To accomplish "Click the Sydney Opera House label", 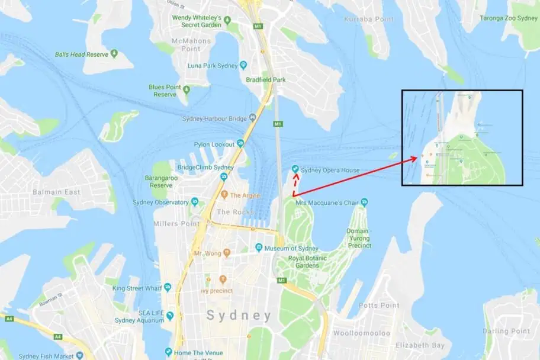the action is pos(330,171).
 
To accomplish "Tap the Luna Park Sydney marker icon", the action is pos(243,65).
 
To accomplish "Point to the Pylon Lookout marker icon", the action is pos(240,143).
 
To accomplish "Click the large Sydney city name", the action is pos(239,316).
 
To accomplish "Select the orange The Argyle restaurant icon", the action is pos(224,195).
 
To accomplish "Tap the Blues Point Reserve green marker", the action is pos(187,90).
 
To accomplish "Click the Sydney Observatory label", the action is pos(160,202).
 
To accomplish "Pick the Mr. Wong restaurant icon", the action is pos(226,253).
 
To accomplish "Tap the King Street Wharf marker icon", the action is pos(169,288).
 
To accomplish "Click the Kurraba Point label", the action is pos(369,20).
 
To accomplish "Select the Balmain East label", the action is pos(56,192).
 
